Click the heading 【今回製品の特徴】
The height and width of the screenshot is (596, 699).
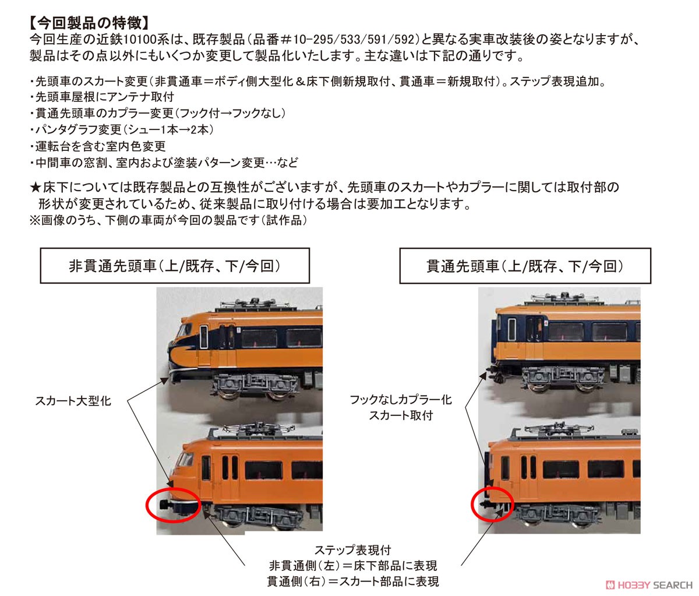tap(89, 23)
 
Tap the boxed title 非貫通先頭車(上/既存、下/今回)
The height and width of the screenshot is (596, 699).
tap(175, 266)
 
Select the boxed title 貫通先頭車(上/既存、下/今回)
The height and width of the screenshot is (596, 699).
tap(525, 266)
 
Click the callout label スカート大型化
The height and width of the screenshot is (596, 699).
tap(73, 401)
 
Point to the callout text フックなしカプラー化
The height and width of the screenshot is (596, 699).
tap(401, 400)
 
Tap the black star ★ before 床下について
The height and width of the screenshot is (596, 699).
tap(36, 187)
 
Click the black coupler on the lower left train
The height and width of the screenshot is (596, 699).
tap(165, 505)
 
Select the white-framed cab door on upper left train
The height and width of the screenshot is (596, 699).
tap(203, 337)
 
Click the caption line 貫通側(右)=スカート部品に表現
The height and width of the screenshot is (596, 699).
tap(352, 581)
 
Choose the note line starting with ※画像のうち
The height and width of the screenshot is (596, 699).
tap(168, 220)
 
